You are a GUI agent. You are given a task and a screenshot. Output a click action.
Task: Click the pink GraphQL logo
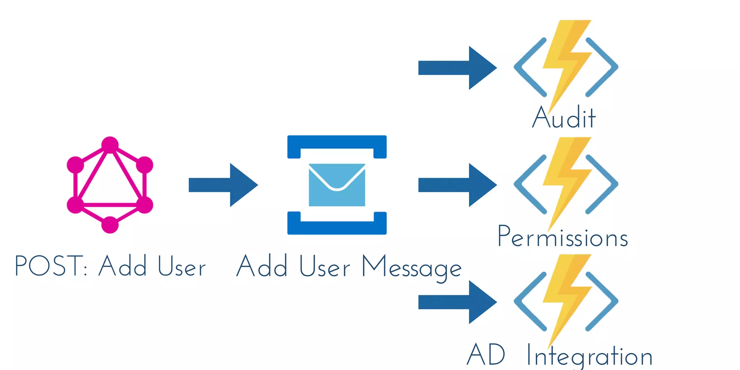110,185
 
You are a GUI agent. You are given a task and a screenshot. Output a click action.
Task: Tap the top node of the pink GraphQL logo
110,145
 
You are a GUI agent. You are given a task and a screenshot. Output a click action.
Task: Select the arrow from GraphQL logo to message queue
223,185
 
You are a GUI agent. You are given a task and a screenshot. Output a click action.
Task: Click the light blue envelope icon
337,185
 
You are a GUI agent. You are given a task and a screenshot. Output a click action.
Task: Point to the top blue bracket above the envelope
337,142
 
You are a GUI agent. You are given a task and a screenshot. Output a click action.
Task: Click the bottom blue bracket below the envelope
337,228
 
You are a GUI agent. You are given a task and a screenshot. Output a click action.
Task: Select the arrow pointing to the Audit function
457,68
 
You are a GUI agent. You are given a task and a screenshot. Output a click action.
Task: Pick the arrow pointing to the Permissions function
457,185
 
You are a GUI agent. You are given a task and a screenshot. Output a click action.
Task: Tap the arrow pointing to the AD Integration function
457,302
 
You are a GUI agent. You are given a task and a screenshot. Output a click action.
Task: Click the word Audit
564,117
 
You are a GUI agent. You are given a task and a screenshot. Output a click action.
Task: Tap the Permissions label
563,237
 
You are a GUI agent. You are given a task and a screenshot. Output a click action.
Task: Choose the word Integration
589,356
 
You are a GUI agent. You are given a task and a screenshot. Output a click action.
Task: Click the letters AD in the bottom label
486,355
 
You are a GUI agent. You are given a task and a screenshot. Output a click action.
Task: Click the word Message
412,267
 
